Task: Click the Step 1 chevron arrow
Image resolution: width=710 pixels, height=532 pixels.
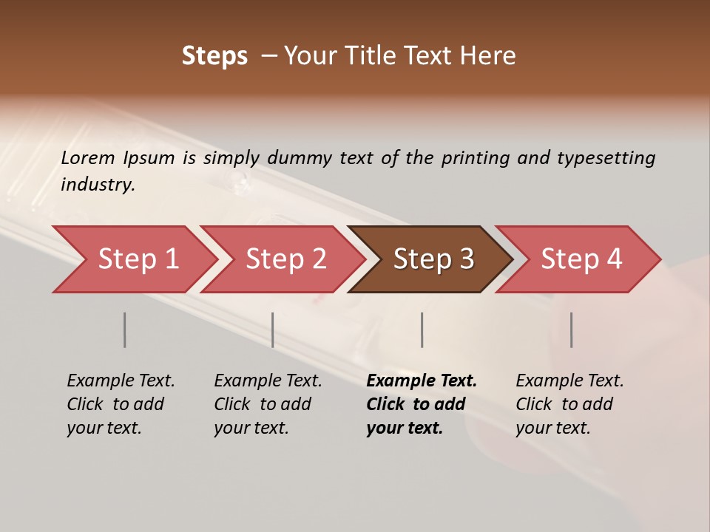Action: tap(138, 259)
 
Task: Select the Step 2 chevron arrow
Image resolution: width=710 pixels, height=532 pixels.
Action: tap(285, 259)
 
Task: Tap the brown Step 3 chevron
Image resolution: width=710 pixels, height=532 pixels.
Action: tap(433, 259)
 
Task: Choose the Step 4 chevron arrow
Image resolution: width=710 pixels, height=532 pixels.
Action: tap(581, 259)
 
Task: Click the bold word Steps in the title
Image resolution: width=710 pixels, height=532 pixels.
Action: tap(214, 56)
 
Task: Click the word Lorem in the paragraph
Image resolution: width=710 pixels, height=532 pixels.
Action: tap(88, 158)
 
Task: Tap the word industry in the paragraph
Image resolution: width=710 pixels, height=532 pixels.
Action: tap(98, 185)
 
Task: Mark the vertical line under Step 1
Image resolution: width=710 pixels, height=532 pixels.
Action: tap(125, 330)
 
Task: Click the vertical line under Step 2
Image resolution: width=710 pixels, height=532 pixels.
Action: tap(273, 330)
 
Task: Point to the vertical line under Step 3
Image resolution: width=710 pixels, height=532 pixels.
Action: tap(422, 330)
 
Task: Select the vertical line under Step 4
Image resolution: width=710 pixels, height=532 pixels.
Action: tap(571, 330)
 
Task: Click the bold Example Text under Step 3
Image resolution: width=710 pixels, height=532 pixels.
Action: tap(422, 381)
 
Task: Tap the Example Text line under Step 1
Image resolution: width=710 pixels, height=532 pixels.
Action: tap(121, 381)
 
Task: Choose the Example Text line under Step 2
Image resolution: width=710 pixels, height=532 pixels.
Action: tap(268, 381)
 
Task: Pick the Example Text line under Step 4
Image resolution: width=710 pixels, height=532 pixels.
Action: tap(569, 381)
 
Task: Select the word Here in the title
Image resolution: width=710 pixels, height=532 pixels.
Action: tap(491, 56)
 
